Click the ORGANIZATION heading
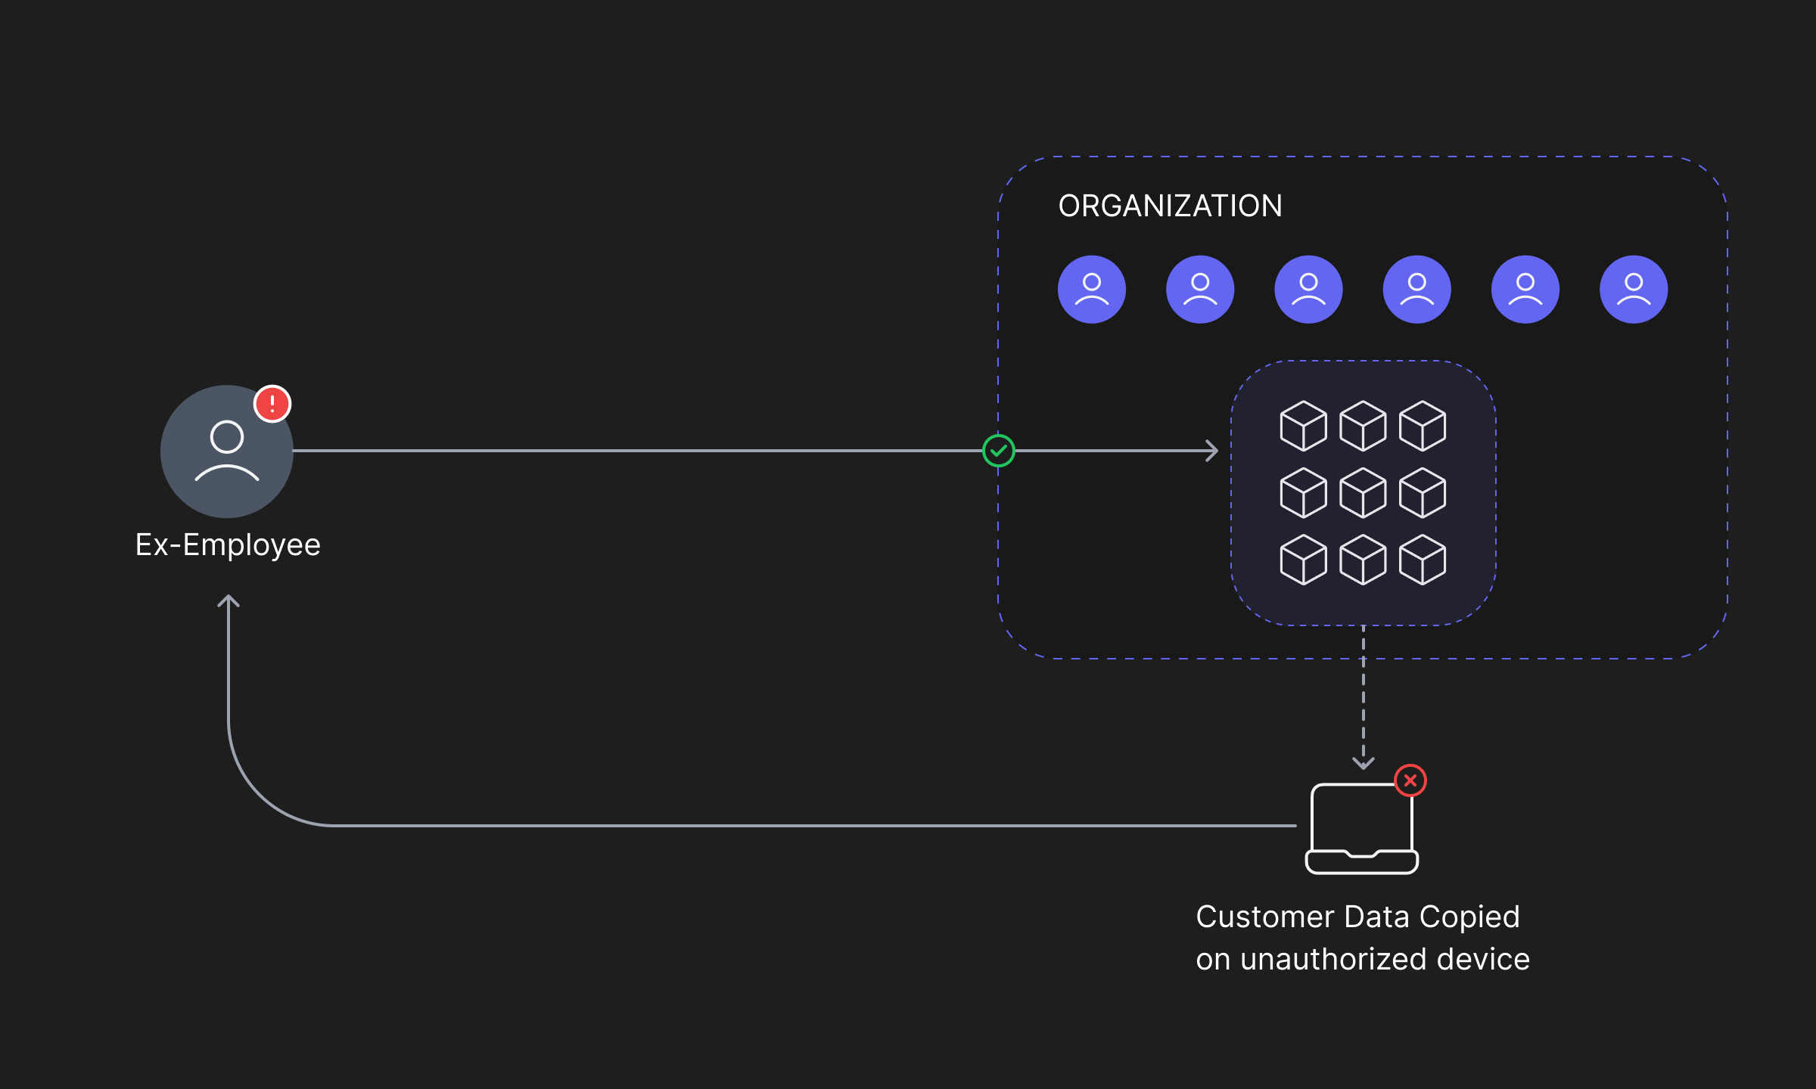[x=1170, y=206]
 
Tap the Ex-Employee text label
[x=228, y=545]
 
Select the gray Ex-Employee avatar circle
[x=227, y=451]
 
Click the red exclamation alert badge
[x=272, y=404]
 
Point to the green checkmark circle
[x=999, y=451]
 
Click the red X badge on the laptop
[x=1410, y=780]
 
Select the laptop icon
[x=1362, y=828]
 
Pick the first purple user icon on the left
[x=1092, y=290]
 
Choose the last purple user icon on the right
[x=1634, y=290]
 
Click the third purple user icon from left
[x=1309, y=290]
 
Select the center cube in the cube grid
[x=1363, y=493]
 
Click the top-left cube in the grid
[x=1303, y=426]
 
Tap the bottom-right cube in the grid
[x=1423, y=560]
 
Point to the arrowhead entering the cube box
[x=1212, y=451]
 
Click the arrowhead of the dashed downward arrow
[x=1364, y=763]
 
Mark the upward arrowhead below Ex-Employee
[x=229, y=601]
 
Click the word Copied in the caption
[x=1469, y=917]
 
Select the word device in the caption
[x=1483, y=959]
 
